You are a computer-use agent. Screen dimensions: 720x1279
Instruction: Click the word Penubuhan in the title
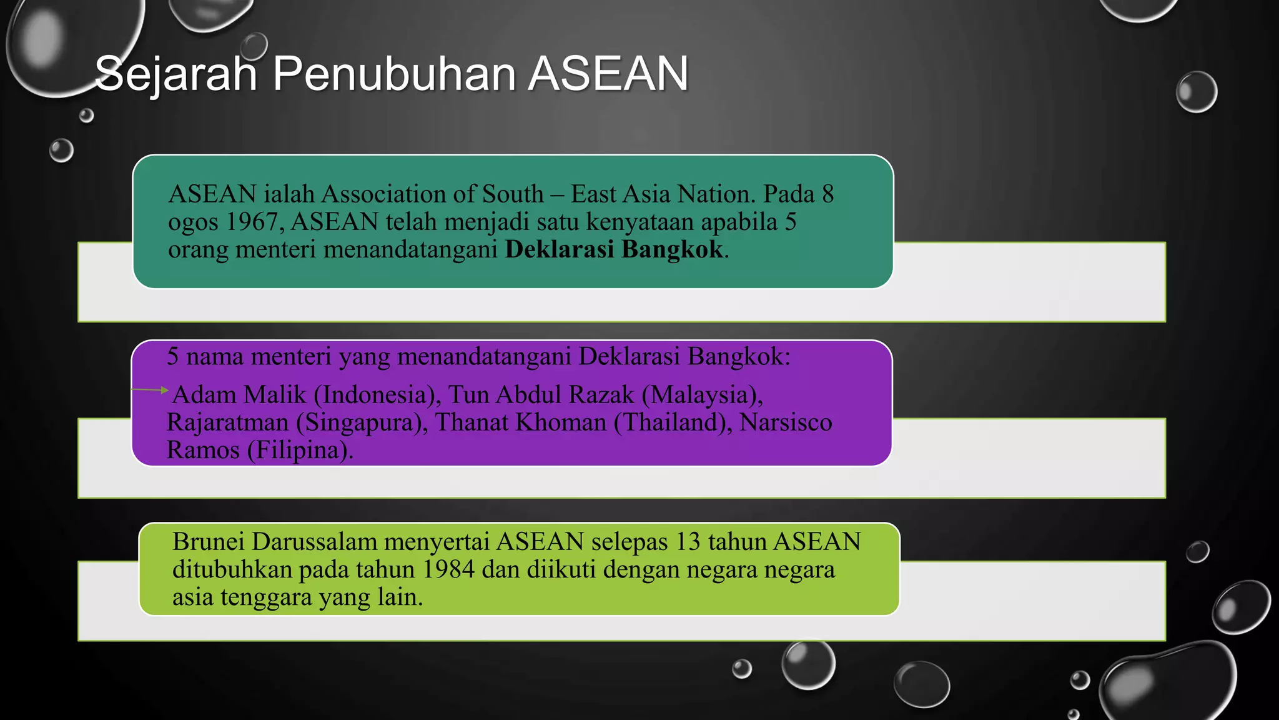tap(394, 74)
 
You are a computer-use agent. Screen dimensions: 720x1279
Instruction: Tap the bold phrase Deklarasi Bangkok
tap(614, 249)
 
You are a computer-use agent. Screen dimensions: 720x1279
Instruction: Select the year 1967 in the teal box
tap(252, 222)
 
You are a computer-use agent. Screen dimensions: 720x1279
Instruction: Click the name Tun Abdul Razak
tap(541, 395)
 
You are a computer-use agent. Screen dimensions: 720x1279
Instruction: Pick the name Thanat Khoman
tap(520, 422)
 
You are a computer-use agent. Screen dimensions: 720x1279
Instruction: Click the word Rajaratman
tap(227, 422)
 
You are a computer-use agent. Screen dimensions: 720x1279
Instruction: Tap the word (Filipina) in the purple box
tap(300, 450)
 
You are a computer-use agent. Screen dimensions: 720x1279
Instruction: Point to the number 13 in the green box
tap(688, 542)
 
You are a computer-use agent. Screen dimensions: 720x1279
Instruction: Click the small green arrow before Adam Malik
tap(164, 390)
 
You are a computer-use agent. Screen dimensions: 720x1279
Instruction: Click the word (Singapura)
tap(362, 422)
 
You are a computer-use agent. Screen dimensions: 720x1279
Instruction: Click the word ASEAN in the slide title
tap(608, 74)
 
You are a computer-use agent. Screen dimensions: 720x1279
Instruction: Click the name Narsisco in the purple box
tap(785, 422)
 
